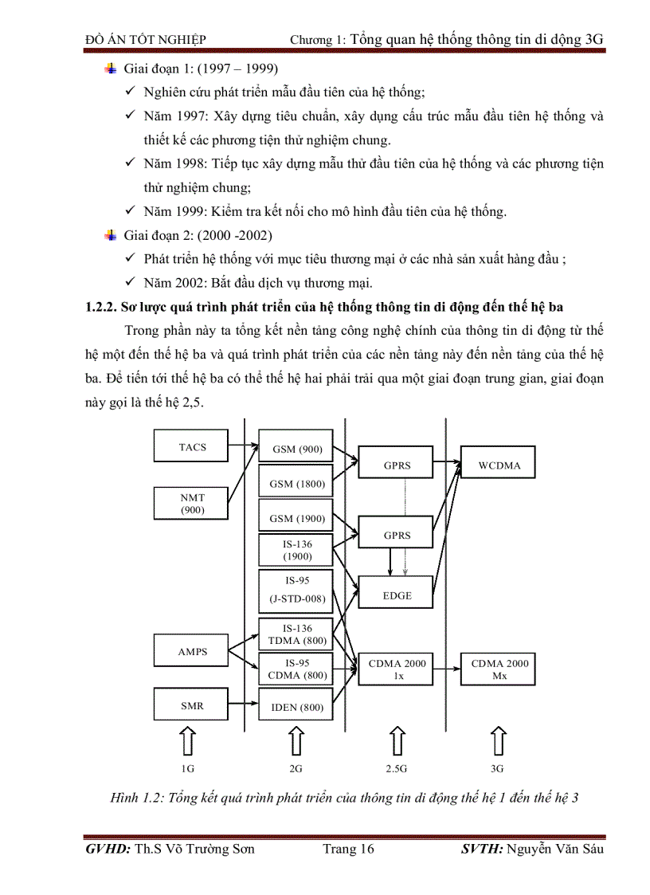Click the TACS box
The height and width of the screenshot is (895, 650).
tap(192, 446)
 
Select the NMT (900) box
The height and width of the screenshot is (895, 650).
tap(192, 504)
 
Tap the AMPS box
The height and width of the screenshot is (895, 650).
tap(192, 651)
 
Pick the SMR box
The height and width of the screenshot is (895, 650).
tap(192, 705)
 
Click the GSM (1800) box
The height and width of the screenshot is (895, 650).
tap(296, 483)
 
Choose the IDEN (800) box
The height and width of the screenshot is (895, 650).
tap(296, 706)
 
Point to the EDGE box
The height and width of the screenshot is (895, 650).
tap(397, 595)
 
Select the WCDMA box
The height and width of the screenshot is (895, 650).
tap(499, 465)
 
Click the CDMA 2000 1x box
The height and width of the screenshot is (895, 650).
tap(397, 669)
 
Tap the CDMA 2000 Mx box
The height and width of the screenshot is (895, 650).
tap(499, 669)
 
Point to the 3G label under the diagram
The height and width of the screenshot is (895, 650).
tap(498, 769)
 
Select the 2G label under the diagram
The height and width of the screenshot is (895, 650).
tap(296, 769)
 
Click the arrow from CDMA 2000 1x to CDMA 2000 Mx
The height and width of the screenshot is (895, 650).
tap(447, 669)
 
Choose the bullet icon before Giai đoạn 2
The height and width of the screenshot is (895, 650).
tap(110, 236)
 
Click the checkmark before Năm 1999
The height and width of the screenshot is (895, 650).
tap(131, 212)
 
